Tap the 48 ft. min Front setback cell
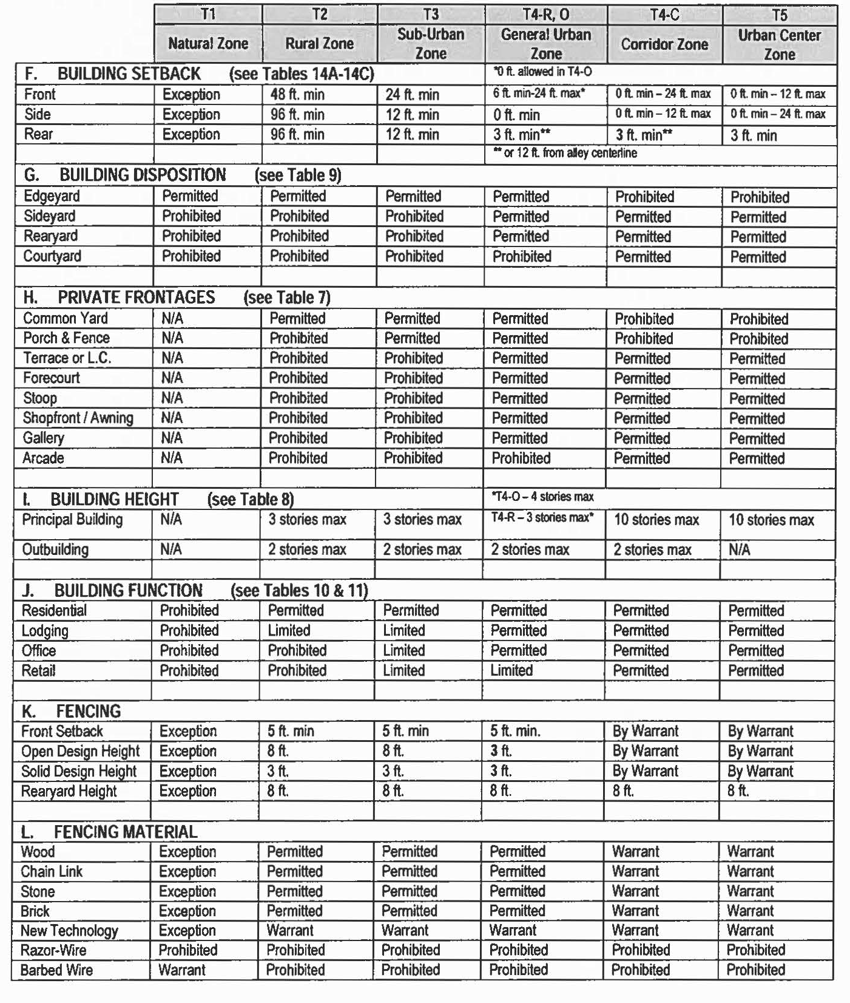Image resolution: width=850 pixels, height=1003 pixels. click(297, 95)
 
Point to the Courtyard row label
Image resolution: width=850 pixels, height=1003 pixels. click(52, 256)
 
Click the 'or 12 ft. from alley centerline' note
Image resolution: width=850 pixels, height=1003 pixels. click(564, 153)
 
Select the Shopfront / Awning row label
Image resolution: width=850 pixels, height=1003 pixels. click(78, 418)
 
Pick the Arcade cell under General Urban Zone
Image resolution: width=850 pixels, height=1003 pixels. click(521, 458)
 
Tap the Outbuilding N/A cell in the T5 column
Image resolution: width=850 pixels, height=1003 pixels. click(739, 550)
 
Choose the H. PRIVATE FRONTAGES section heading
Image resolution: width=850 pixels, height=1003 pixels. click(136, 297)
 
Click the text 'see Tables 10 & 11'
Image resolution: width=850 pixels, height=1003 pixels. click(299, 591)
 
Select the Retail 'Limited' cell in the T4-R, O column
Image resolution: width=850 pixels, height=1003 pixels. click(511, 671)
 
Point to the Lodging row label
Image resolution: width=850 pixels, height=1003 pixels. click(45, 631)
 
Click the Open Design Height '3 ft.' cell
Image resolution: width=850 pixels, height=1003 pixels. click(501, 752)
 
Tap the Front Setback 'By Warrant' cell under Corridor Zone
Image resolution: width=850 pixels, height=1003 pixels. click(646, 732)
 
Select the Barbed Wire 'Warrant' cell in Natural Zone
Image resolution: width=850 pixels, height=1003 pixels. click(182, 970)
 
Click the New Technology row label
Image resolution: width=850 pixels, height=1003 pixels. click(69, 931)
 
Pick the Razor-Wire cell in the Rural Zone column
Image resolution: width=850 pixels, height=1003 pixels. click(295, 950)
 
